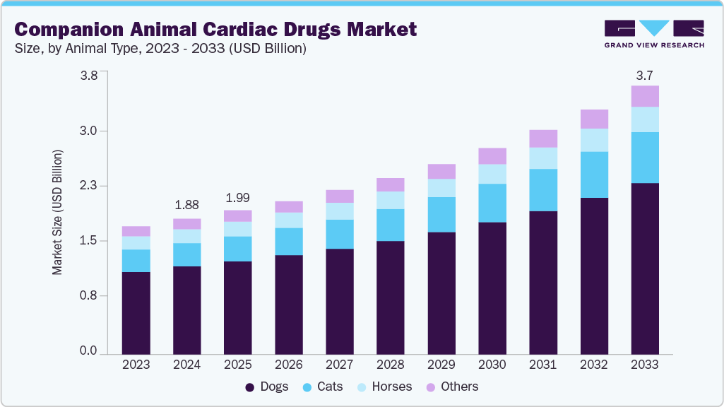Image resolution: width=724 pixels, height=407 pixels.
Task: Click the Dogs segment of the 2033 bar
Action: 645,269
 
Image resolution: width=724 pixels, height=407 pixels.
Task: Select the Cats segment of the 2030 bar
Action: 492,203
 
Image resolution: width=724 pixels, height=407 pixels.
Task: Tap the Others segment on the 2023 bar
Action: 136,231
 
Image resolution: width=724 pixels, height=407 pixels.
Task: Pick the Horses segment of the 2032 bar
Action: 594,140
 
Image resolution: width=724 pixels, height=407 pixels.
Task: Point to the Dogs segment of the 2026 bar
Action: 289,304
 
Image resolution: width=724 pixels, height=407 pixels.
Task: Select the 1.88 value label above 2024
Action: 187,205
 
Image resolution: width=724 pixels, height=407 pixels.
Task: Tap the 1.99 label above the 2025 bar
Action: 238,197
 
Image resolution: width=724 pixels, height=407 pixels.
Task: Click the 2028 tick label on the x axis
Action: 391,365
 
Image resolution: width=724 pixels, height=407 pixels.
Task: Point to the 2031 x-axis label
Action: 543,365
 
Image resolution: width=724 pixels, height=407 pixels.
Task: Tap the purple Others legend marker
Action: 430,387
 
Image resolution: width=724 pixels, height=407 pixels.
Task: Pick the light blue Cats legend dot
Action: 307,387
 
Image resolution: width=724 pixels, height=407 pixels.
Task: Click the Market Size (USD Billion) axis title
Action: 57,212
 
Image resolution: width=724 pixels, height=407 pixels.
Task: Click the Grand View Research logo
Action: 654,33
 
